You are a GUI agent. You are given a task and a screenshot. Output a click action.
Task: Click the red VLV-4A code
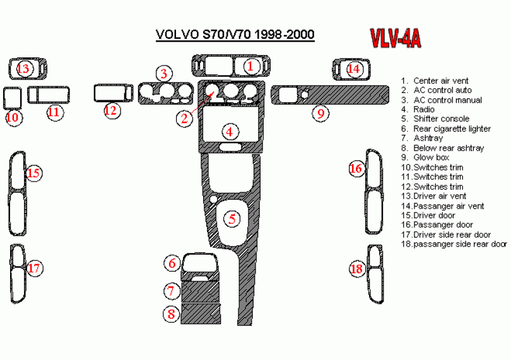tap(395, 39)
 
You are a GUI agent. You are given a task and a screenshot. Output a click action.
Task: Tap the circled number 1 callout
tap(251, 65)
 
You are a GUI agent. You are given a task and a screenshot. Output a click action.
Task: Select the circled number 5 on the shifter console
tap(232, 219)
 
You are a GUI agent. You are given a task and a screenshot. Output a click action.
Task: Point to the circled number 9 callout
tap(321, 113)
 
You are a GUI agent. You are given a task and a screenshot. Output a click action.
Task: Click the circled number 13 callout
tap(24, 68)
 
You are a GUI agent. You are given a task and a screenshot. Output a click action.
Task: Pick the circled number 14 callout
tap(354, 68)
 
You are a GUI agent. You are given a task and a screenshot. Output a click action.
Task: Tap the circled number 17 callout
tap(34, 269)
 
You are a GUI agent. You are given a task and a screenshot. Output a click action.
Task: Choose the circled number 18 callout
tap(357, 269)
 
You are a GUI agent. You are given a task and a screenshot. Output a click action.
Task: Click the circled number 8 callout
tap(171, 313)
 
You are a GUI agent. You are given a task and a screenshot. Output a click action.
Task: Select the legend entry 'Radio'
tap(424, 110)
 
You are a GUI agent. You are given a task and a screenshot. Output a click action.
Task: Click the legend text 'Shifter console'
tap(441, 119)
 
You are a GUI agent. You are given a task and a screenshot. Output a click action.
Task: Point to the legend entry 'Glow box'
tap(431, 157)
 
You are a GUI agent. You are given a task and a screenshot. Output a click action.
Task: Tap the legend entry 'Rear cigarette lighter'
tap(452, 129)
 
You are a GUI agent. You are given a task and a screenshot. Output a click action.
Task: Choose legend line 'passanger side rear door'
tap(460, 243)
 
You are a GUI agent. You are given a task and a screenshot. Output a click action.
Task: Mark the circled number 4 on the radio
tap(230, 132)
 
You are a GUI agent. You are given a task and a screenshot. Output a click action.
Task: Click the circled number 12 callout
tap(111, 110)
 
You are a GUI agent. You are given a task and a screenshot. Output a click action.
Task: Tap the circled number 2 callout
tap(184, 118)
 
